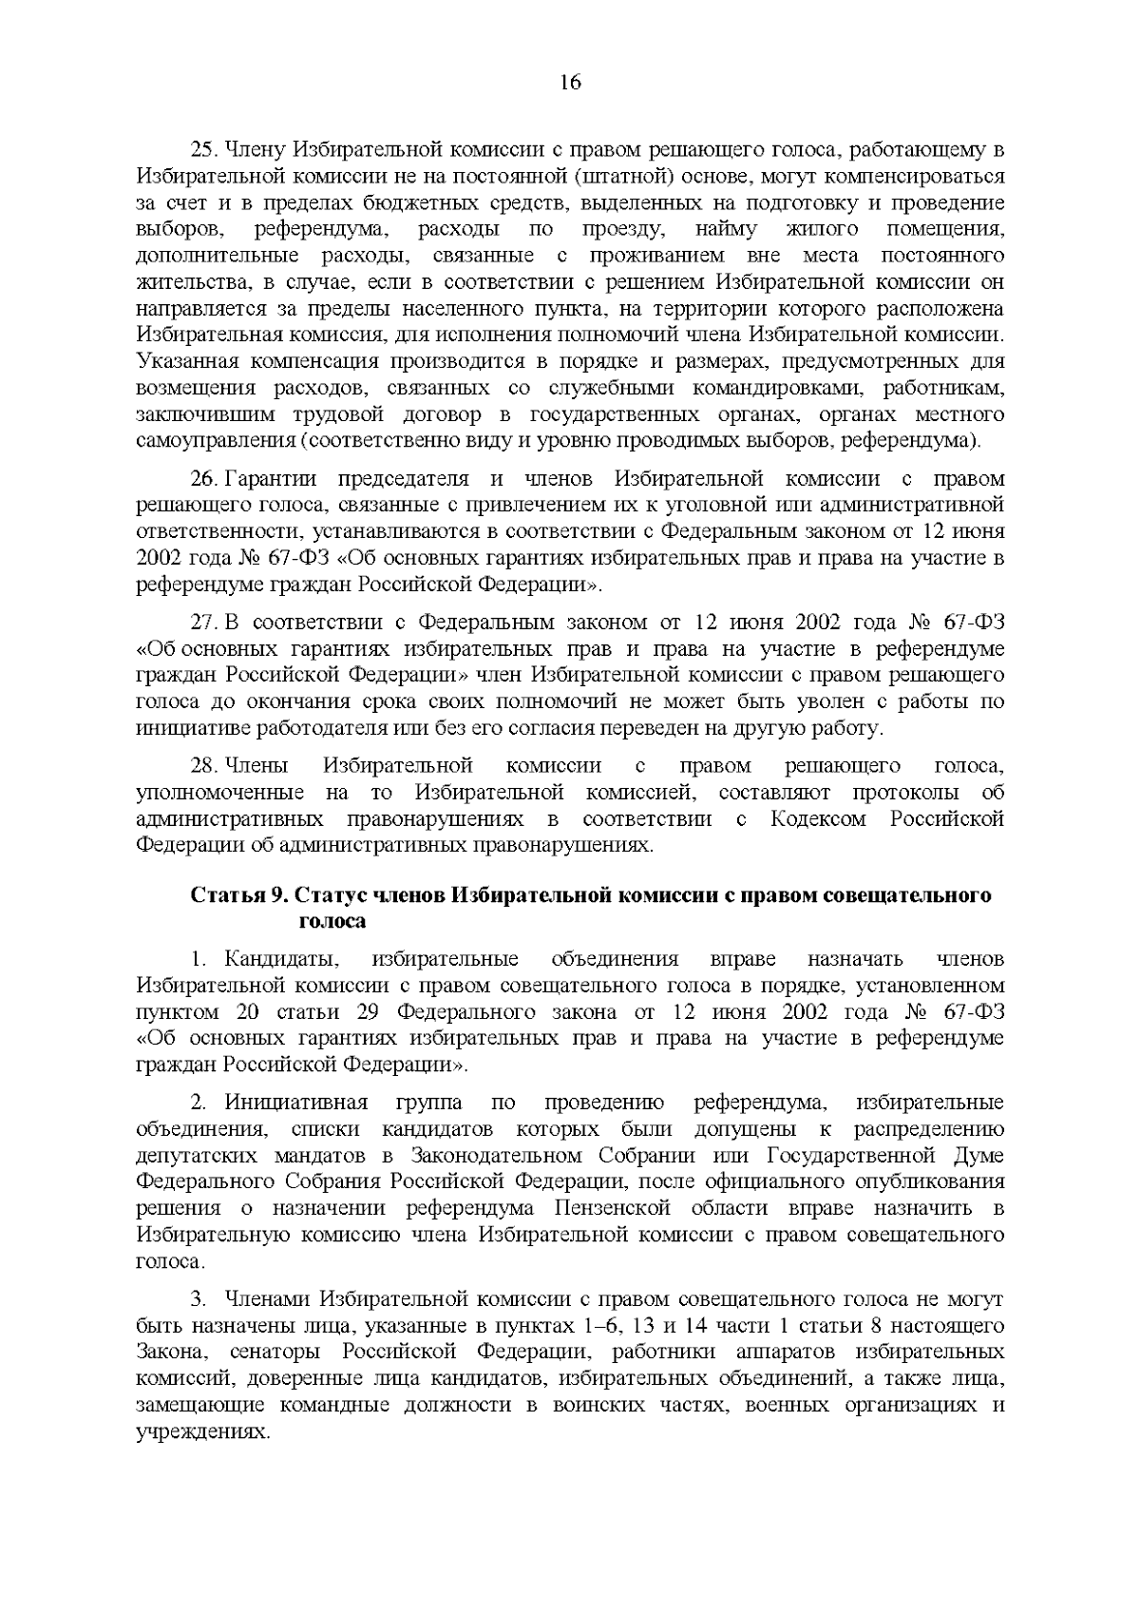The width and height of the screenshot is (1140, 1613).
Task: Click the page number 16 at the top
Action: (x=570, y=83)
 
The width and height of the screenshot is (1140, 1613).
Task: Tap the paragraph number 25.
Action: (x=206, y=150)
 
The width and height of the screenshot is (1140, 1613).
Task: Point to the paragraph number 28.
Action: (x=206, y=766)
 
